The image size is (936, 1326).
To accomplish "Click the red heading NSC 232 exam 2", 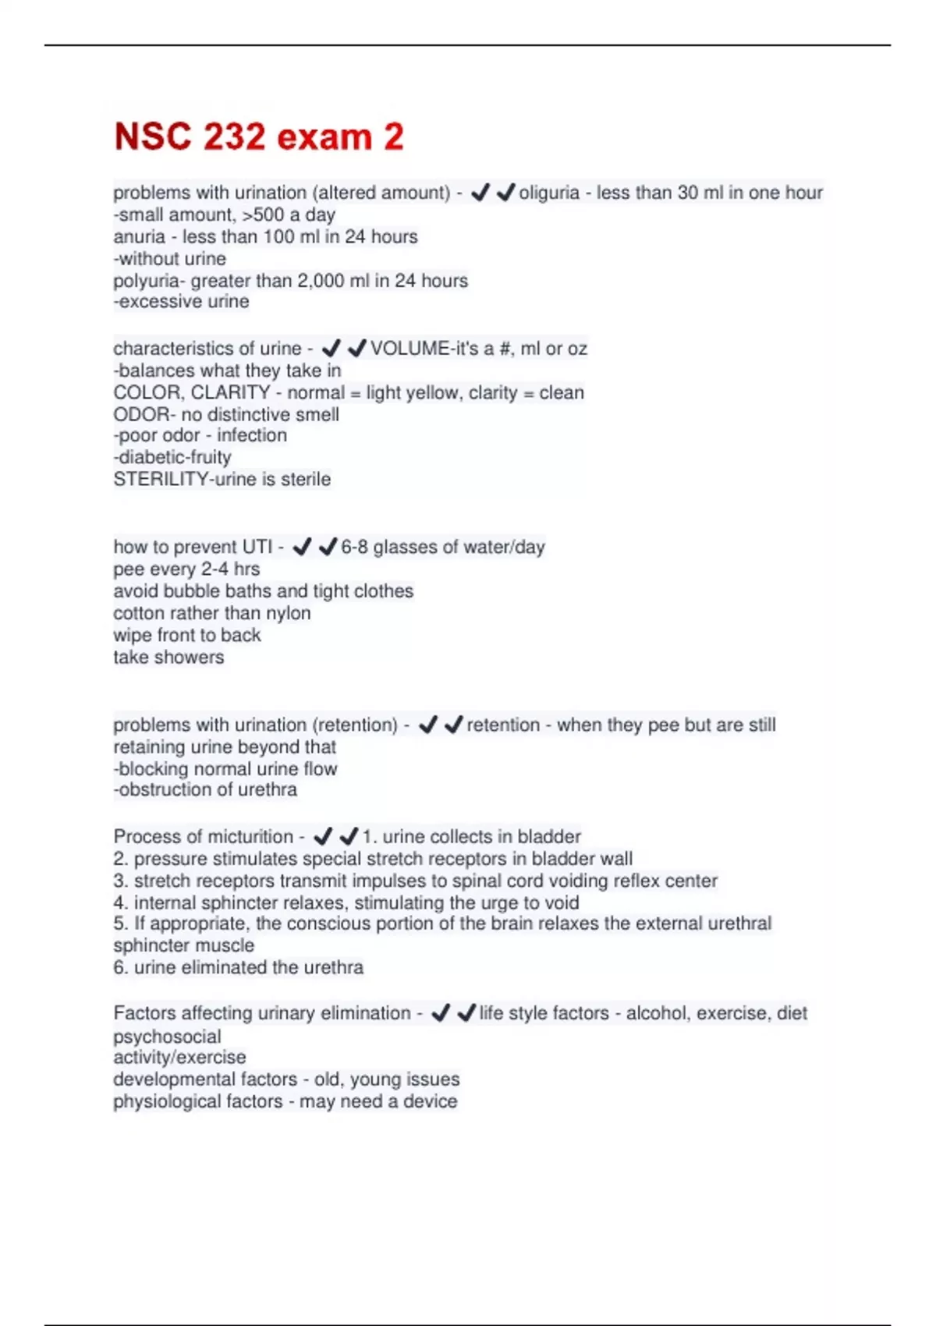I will (x=259, y=136).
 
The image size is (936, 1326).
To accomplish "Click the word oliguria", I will (x=549, y=193).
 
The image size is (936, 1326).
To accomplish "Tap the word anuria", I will (x=139, y=236).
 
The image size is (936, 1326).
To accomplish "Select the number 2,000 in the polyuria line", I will (x=320, y=281).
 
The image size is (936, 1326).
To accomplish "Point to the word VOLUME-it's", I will (x=421, y=349).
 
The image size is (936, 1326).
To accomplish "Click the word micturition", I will (x=246, y=836).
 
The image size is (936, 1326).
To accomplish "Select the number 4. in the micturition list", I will (x=120, y=902).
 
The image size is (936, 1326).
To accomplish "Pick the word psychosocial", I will (x=167, y=1037).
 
